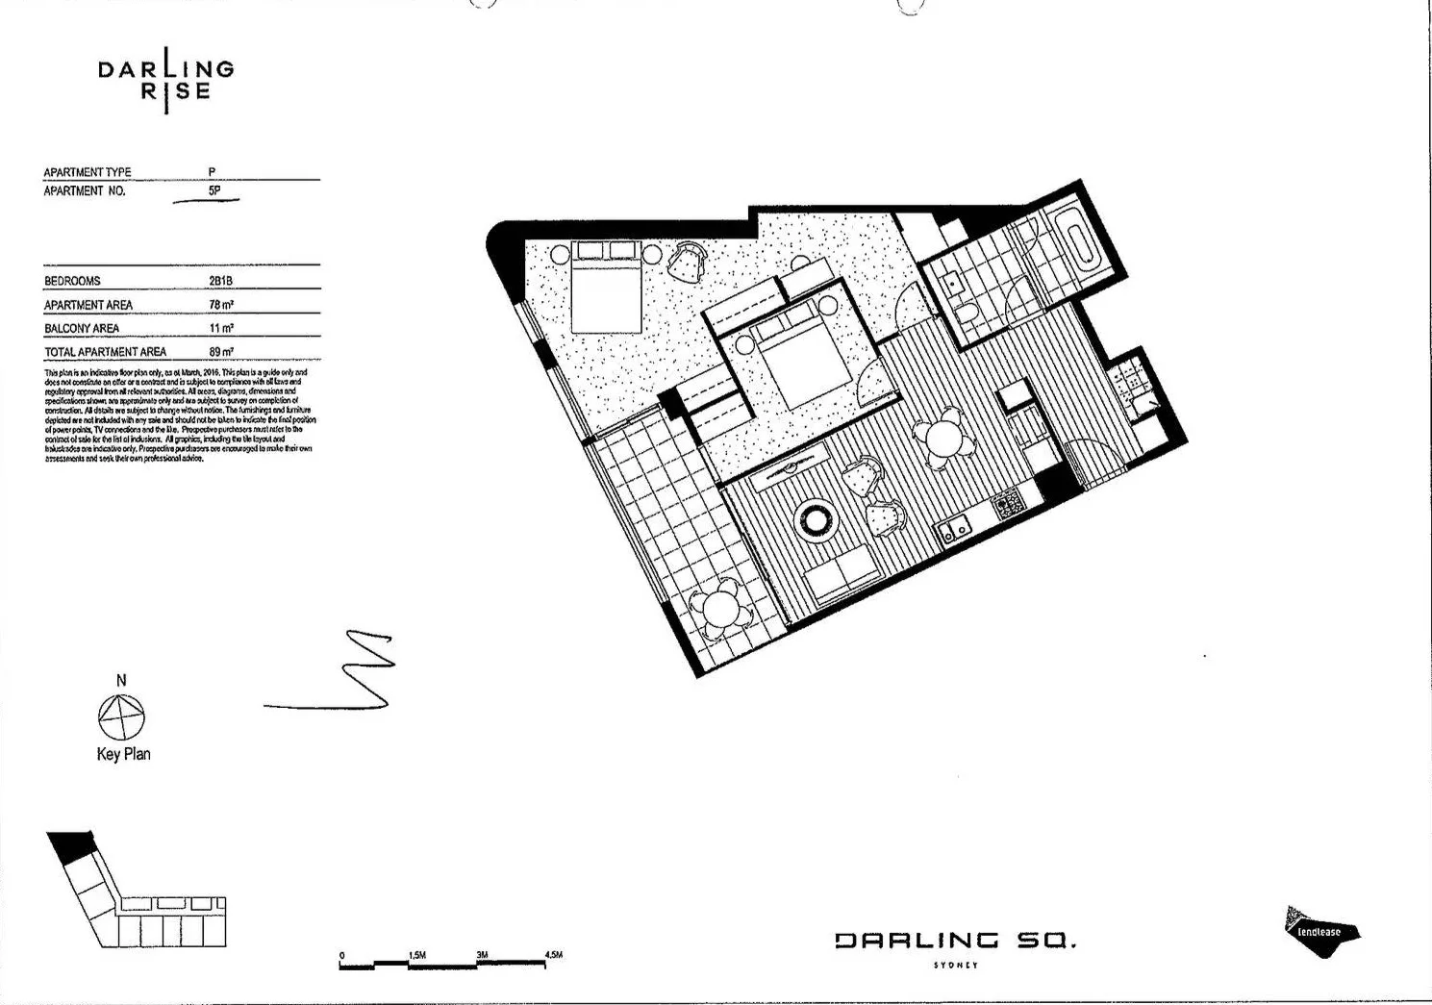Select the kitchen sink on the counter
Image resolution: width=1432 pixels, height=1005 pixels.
click(x=955, y=529)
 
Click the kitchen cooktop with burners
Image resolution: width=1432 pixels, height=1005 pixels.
click(x=1007, y=503)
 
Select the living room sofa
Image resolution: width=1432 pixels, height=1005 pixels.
click(x=841, y=578)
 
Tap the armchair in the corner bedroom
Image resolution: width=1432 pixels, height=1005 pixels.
click(x=688, y=260)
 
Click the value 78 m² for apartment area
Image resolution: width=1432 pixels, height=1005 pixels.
click(x=221, y=305)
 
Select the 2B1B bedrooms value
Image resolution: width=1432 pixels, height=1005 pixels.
click(x=220, y=281)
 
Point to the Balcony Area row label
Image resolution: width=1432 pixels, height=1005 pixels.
click(x=82, y=329)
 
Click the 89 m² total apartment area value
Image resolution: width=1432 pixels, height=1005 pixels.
click(x=221, y=352)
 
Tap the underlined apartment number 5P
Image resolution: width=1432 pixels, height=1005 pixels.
click(x=214, y=191)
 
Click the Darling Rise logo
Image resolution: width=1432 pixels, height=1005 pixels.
click(x=166, y=80)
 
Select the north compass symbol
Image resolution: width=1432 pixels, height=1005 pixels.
click(x=121, y=716)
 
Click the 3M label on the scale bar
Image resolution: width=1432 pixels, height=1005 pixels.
click(x=482, y=955)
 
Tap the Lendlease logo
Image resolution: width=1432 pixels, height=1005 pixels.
click(x=1321, y=932)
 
